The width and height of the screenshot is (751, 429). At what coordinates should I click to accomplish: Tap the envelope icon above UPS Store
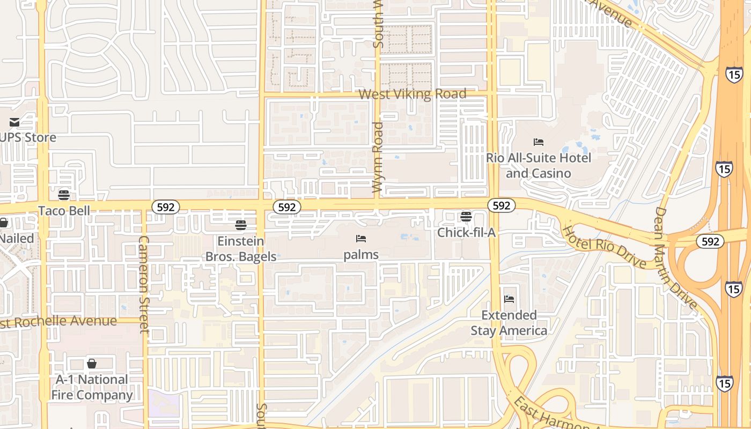(x=14, y=122)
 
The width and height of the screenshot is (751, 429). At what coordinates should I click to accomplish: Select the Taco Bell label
(x=64, y=211)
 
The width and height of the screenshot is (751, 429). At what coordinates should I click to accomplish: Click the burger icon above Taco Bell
(x=64, y=195)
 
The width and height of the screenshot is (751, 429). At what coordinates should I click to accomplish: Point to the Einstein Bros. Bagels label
(x=241, y=249)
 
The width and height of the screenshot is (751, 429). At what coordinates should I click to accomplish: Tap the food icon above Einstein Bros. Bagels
(x=240, y=225)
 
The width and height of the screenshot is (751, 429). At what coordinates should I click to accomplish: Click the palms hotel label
(x=361, y=255)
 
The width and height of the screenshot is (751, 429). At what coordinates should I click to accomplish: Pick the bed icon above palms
(x=361, y=239)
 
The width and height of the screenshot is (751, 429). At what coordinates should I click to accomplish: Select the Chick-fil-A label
(x=466, y=233)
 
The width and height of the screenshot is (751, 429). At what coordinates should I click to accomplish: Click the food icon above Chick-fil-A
(x=466, y=217)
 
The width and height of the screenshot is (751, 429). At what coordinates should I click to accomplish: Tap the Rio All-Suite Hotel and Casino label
(x=539, y=166)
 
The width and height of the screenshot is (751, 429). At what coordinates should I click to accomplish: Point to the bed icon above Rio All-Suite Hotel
(x=539, y=142)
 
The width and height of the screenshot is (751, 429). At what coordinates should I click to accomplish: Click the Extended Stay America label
(x=509, y=323)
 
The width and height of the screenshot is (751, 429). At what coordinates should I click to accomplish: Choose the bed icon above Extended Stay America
(x=509, y=299)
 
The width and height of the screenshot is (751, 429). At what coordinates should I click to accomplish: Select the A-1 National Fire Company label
(x=92, y=388)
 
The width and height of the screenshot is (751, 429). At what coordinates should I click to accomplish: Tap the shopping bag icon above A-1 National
(x=92, y=364)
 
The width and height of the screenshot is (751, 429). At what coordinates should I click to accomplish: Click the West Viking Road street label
(x=412, y=94)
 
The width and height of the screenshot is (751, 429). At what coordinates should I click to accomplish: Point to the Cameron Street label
(x=144, y=284)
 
